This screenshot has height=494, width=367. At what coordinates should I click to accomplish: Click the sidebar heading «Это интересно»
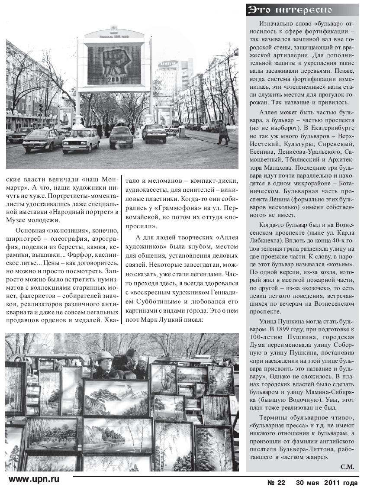click(x=290, y=10)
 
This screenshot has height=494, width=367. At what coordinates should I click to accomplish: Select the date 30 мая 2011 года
click(x=327, y=483)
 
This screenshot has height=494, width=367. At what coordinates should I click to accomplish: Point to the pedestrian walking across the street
click(x=223, y=132)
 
